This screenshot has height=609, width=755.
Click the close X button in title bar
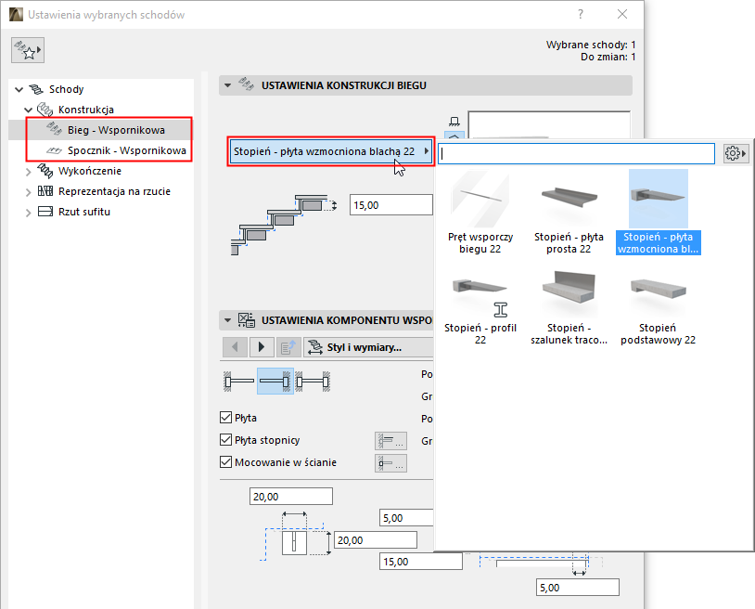[x=622, y=15]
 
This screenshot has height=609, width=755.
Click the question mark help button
[x=581, y=15]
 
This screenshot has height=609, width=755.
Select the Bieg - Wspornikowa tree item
[x=116, y=130]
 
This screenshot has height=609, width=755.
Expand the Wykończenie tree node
[x=28, y=171]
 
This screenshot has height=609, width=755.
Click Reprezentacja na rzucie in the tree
[x=113, y=191]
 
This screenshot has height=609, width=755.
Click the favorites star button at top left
[x=28, y=52]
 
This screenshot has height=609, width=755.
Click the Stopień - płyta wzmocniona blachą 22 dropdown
[x=330, y=151]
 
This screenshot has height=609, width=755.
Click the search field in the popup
[x=575, y=153]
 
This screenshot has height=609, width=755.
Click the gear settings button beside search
[x=736, y=153]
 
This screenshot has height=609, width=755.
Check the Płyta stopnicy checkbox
[x=225, y=440]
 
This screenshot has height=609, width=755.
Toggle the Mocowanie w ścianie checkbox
[x=225, y=461]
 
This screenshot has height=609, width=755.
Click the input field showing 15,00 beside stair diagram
[x=390, y=205]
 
